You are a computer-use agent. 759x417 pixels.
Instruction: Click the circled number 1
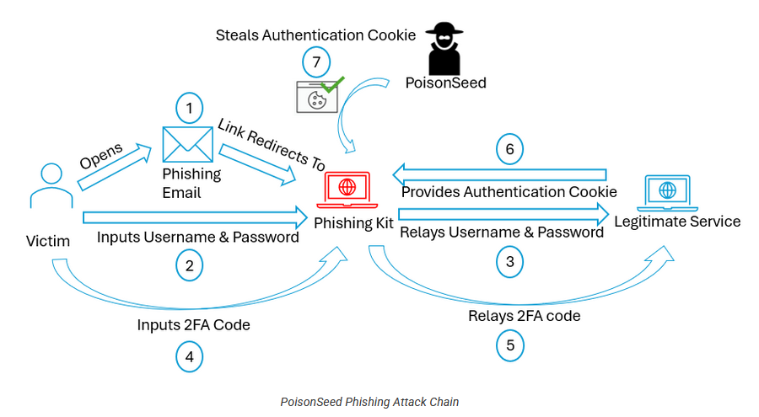pyautogui.click(x=190, y=108)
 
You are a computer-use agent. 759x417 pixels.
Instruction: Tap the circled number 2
pyautogui.click(x=190, y=265)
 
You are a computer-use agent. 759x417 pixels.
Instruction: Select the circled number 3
pyautogui.click(x=509, y=262)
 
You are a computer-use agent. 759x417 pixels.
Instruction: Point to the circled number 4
pyautogui.click(x=190, y=356)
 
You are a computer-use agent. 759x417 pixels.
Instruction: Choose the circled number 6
pyautogui.click(x=509, y=149)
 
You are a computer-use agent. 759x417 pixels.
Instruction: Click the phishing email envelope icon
pyautogui.click(x=187, y=143)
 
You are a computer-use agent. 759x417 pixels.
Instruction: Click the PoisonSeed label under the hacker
pyautogui.click(x=446, y=83)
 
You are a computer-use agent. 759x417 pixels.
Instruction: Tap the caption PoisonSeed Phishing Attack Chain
pyautogui.click(x=369, y=402)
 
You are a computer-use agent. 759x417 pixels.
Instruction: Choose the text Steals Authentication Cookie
pyautogui.click(x=315, y=35)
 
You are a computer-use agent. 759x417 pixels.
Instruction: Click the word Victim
pyautogui.click(x=47, y=243)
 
